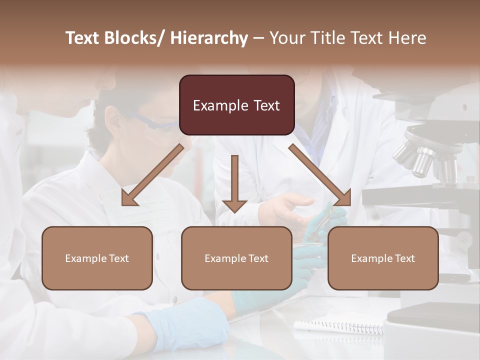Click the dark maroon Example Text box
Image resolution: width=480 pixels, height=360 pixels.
[x=236, y=105]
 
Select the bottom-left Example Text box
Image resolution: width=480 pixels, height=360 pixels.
[x=97, y=258]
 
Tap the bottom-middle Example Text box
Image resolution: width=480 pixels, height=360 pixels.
[x=236, y=258]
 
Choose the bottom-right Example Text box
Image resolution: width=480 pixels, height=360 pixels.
[x=383, y=258]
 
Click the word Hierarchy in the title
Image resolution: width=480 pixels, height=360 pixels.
[x=209, y=38]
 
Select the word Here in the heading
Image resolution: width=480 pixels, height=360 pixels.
[x=408, y=38]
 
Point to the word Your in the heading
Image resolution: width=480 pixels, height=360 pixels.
[x=287, y=38]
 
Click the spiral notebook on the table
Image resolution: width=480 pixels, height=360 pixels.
[x=340, y=326]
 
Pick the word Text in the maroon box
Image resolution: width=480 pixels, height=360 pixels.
[x=266, y=105]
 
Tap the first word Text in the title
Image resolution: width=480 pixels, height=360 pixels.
[x=83, y=38]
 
